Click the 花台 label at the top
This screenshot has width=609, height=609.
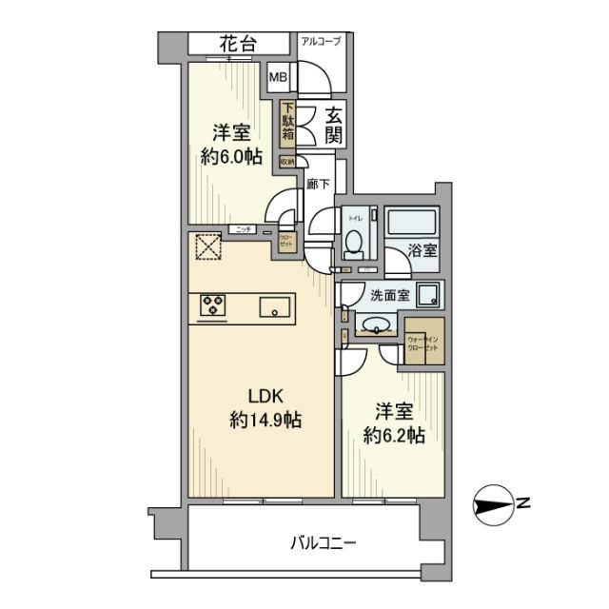click(239, 43)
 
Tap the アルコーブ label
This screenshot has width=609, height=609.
click(323, 41)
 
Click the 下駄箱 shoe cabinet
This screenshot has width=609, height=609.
click(287, 125)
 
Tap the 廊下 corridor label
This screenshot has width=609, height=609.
click(318, 185)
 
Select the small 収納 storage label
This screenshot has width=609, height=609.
click(286, 162)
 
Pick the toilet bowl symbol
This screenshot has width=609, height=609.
click(354, 245)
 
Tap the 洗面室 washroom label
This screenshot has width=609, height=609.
click(390, 295)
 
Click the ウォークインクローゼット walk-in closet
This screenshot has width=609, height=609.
click(422, 344)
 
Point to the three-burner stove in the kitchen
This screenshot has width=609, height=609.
click(215, 305)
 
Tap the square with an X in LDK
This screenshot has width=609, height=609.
click(206, 246)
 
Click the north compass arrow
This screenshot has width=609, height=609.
click(496, 503)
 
